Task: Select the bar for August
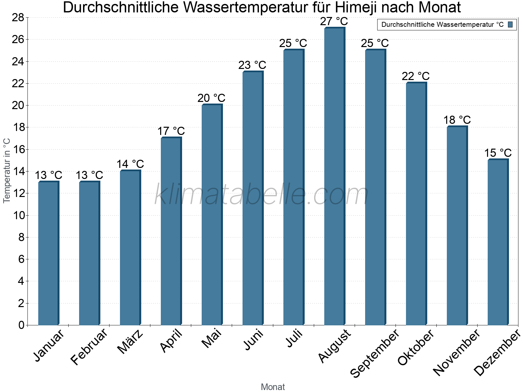coord(334,176)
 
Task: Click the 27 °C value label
coord(334,22)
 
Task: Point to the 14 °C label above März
coord(130,164)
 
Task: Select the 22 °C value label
coord(415,76)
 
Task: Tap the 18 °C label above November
coord(457,120)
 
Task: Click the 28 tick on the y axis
coord(18,17)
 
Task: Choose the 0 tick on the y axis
coord(22,325)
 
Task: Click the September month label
coord(375,353)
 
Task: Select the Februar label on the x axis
coord(89,346)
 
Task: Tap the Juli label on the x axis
coord(294,338)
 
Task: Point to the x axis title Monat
coord(273,387)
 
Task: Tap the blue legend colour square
coord(510,24)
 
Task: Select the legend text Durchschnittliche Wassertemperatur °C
coord(442,24)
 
